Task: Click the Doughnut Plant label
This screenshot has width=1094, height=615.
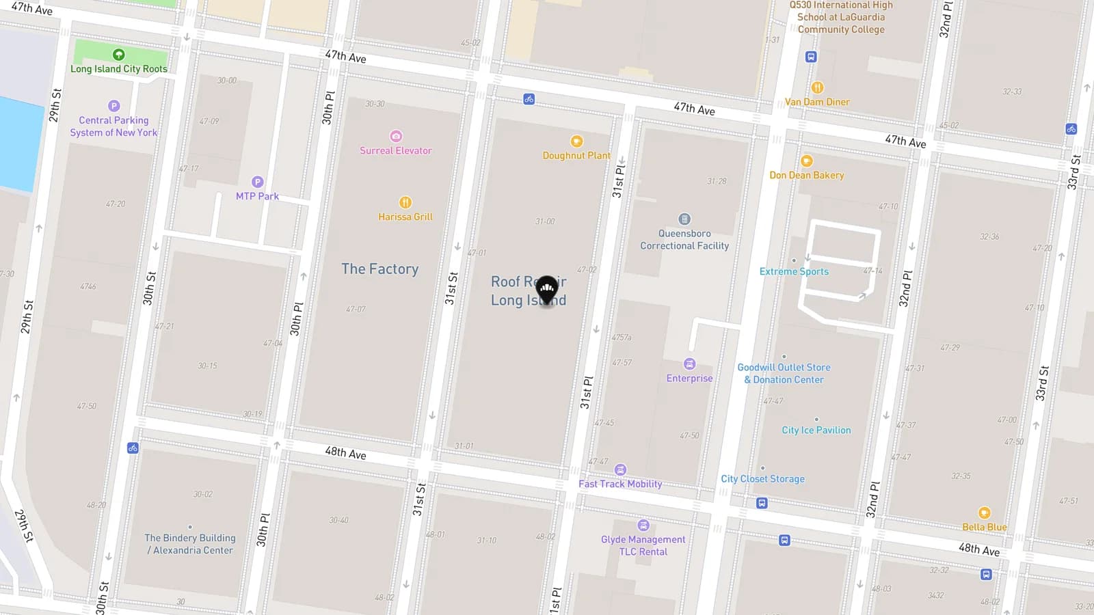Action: coord(576,156)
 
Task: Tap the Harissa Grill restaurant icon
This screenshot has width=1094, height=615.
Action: coord(405,202)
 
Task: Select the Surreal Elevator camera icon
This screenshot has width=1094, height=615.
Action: coord(396,136)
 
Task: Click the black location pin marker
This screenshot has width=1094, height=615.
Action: coord(546,290)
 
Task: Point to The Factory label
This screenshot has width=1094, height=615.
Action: coord(380,269)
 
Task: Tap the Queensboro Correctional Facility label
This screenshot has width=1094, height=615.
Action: coord(684,240)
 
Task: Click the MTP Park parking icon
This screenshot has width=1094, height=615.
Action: coord(258,182)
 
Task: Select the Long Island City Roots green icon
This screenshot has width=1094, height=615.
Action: coord(118,55)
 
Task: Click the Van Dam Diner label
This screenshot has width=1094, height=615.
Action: coord(817,102)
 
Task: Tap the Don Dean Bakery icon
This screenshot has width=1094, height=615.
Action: coord(807,161)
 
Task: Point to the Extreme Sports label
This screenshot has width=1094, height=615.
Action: coord(794,272)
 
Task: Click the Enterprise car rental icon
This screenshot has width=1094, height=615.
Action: coord(690,364)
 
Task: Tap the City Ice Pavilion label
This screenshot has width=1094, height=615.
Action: coord(816,430)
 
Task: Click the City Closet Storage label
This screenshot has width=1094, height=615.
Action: coord(762,479)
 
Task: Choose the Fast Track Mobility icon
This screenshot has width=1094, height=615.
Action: coord(620,469)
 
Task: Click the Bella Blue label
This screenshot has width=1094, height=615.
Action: coord(984,528)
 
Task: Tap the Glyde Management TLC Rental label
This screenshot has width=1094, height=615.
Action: coord(643,545)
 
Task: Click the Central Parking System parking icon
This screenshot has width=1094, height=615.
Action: coord(114,106)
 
